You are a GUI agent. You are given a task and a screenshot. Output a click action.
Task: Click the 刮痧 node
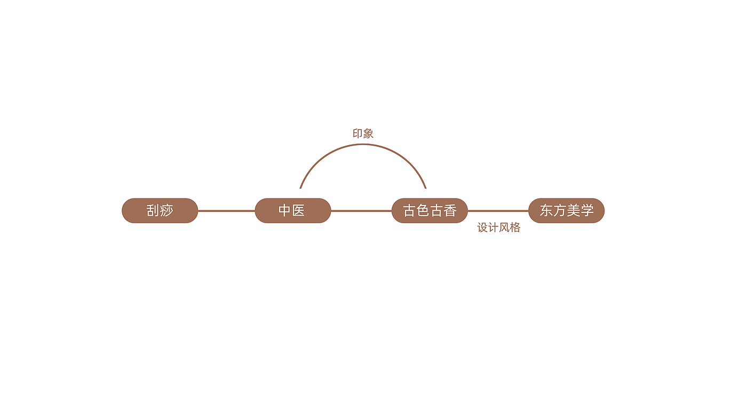click(160, 211)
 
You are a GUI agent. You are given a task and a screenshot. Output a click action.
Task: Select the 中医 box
click(293, 211)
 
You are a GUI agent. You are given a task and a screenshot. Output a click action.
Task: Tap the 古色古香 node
click(430, 211)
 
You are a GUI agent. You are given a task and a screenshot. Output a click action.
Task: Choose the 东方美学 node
click(566, 211)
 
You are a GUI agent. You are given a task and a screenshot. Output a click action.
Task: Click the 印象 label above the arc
click(363, 134)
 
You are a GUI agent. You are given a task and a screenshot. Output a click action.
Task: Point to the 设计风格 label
click(498, 228)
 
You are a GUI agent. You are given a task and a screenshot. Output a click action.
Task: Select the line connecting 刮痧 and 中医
click(226, 211)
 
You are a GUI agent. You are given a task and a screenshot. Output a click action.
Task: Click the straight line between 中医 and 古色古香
click(361, 211)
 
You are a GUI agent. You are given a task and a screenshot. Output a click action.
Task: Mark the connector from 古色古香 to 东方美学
click(498, 211)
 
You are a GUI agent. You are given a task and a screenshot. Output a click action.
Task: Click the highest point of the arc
click(363, 144)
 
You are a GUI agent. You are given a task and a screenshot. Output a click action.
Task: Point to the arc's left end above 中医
click(301, 187)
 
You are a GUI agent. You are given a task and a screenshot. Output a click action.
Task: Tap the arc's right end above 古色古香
click(425, 187)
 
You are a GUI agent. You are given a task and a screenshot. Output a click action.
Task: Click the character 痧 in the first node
click(167, 211)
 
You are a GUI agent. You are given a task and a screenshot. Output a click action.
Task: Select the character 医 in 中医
click(299, 211)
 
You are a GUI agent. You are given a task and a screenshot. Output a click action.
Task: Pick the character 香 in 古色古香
click(450, 211)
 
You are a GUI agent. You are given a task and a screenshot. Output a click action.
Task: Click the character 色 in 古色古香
click(423, 211)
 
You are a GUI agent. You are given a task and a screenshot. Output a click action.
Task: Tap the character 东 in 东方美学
click(546, 211)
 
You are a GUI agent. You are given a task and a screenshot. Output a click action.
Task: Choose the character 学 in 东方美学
click(587, 211)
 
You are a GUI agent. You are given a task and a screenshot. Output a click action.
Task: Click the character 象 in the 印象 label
click(368, 134)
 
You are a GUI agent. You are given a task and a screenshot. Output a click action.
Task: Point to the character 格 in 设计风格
click(515, 228)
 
